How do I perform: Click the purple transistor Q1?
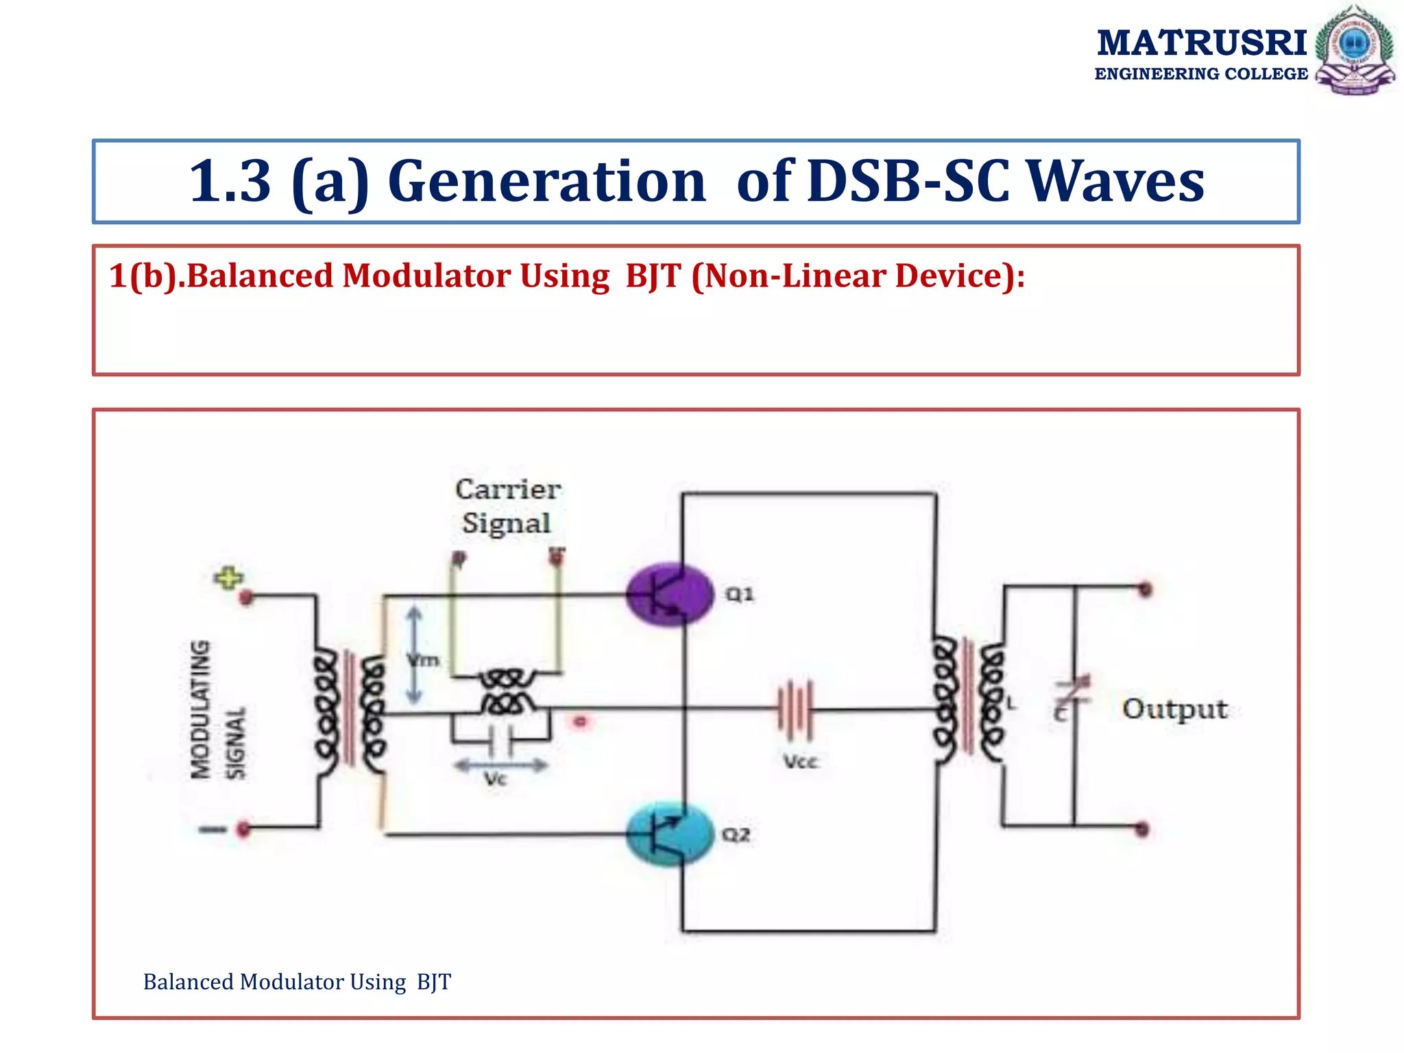coord(668,594)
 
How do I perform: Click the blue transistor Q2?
coord(668,834)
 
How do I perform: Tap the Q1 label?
coord(740,594)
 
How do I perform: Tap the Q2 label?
coord(736,834)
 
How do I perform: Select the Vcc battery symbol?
coord(795,710)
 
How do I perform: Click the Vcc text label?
coord(801,762)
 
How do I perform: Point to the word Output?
coord(1174,709)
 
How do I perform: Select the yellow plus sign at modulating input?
coord(228,577)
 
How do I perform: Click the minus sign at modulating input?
coord(213,830)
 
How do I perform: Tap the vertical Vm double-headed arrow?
coord(413,655)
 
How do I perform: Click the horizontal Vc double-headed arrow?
coord(501,765)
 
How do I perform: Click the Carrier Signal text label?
coord(507,506)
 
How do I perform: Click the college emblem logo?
coord(1354,49)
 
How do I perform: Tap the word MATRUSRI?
coord(1201,43)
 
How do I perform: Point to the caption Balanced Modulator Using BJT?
coord(297,982)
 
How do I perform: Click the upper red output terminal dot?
coord(1144,589)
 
